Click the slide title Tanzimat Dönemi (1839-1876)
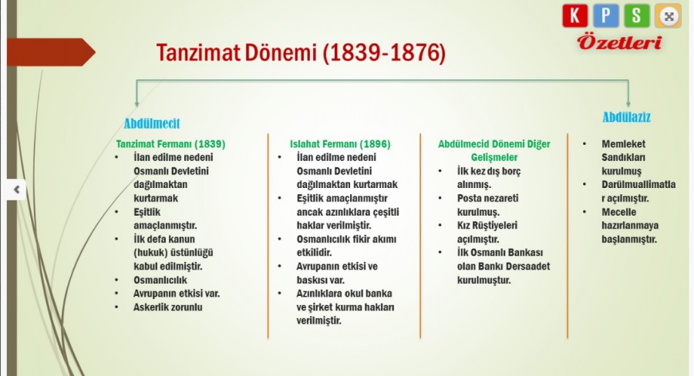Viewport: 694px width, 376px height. click(301, 52)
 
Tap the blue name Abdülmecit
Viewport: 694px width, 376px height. click(152, 123)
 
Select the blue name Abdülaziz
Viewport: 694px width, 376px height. click(626, 117)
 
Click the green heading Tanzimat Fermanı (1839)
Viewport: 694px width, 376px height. click(170, 144)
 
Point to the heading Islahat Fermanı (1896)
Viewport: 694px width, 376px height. click(340, 144)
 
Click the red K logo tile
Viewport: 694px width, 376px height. click(575, 15)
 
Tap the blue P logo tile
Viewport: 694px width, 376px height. click(606, 15)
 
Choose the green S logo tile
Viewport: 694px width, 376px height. click(637, 15)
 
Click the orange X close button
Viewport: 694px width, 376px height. click(669, 16)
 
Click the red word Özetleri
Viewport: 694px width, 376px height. click(619, 43)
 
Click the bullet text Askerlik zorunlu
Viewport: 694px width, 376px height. click(168, 307)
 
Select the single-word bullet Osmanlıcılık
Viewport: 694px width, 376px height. click(160, 280)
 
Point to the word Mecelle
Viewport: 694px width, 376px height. click(618, 212)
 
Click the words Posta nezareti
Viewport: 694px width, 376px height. click(488, 198)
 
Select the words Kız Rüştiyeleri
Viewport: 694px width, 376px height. click(487, 226)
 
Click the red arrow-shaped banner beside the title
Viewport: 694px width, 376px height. click(51, 52)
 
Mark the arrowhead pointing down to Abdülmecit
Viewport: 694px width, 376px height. click(136, 103)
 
